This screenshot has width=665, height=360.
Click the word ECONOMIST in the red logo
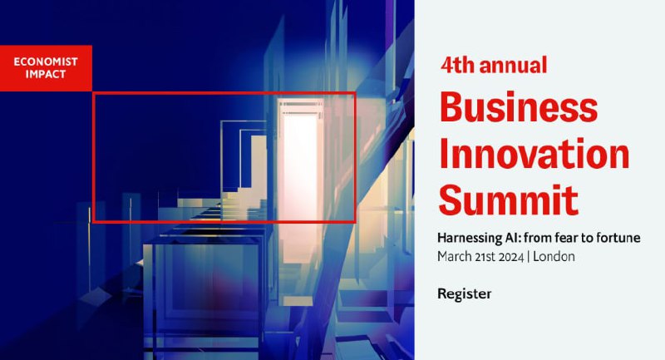[46, 62]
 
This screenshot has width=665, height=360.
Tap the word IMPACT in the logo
[46, 74]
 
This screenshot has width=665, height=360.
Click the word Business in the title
[519, 106]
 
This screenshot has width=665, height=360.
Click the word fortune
[618, 238]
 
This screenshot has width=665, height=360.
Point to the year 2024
[511, 257]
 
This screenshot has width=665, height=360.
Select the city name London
[554, 257]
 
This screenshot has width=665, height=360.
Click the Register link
[465, 293]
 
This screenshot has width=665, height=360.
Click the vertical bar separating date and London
[529, 257]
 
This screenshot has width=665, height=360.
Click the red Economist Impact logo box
[46, 68]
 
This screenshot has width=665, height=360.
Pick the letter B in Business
[451, 106]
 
